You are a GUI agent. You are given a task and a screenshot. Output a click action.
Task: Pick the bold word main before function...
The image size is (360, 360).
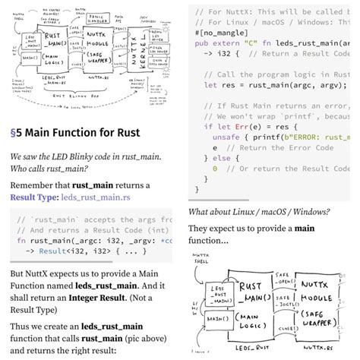click(x=305, y=228)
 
